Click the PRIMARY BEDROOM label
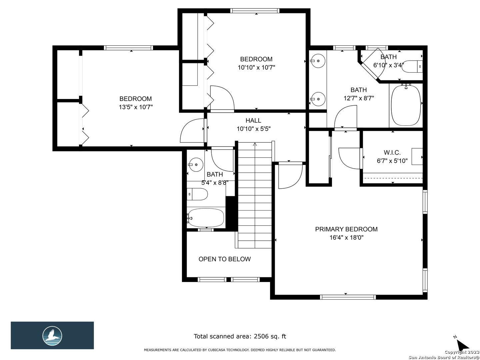(x=346, y=229)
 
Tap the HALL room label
(x=253, y=120)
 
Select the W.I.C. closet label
(x=392, y=152)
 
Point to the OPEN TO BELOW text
(x=225, y=259)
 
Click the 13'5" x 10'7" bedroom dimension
(x=136, y=107)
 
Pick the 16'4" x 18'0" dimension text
(x=346, y=237)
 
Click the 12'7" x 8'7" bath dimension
(x=359, y=98)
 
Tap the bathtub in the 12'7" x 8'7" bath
(x=406, y=105)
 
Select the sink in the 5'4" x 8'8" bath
(x=196, y=165)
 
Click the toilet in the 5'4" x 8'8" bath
(x=197, y=194)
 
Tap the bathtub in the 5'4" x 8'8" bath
(x=206, y=218)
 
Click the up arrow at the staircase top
(x=255, y=144)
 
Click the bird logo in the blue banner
(x=52, y=336)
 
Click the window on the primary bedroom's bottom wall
(x=348, y=297)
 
